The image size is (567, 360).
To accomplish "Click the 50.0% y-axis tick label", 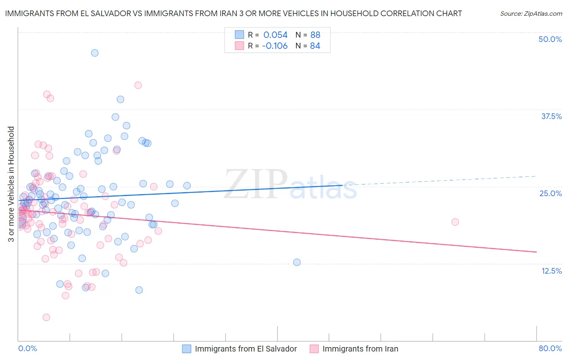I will click(550, 39).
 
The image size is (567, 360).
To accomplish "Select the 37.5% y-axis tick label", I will click(551, 116).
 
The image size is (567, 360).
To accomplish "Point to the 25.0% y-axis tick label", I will click(550, 193).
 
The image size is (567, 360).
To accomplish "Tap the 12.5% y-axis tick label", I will click(551, 271).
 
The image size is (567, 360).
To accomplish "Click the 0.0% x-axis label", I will click(27, 348).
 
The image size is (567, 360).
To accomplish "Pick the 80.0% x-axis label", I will click(550, 348).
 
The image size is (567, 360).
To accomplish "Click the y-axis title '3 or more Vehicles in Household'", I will click(11, 184).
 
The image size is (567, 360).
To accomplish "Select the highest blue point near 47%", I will click(95, 53).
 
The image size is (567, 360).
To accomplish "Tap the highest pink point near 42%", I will click(138, 85).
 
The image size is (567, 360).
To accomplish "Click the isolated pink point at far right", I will click(455, 222).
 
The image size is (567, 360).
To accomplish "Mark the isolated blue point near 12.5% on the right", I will click(297, 262).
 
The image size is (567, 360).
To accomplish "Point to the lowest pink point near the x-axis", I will click(46, 317).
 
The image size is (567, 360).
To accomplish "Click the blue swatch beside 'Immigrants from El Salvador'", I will click(186, 349).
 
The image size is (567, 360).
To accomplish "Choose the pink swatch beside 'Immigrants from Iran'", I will click(314, 349).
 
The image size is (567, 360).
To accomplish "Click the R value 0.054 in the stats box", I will click(275, 35).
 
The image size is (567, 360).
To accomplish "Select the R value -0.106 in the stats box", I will click(275, 46).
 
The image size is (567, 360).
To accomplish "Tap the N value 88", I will click(315, 35).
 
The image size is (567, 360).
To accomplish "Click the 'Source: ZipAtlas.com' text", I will click(531, 14).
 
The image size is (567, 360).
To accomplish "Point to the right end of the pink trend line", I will click(536, 252).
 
